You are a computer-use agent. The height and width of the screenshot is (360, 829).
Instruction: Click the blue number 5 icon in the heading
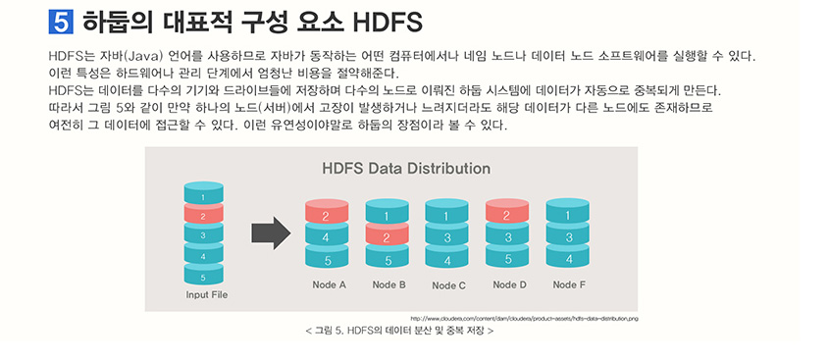click(x=61, y=21)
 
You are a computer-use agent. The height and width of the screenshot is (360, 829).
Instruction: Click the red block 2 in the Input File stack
click(x=203, y=215)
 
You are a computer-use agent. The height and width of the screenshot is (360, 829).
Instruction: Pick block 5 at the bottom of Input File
click(x=203, y=277)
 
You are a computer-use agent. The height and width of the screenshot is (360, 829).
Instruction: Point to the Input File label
click(x=206, y=295)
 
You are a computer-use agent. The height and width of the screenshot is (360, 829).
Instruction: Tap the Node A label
click(x=328, y=285)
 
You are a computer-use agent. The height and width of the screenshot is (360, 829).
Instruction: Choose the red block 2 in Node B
click(x=387, y=237)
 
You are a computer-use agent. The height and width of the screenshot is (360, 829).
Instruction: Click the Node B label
click(x=389, y=285)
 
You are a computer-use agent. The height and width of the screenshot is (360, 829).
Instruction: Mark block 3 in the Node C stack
click(x=447, y=237)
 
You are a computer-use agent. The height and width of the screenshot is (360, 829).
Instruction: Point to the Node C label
click(x=448, y=285)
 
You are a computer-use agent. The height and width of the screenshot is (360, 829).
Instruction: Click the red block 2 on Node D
click(x=507, y=216)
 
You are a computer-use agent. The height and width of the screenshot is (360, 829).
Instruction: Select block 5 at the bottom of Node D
click(x=507, y=260)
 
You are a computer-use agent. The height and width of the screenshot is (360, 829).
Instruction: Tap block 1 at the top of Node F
click(x=567, y=216)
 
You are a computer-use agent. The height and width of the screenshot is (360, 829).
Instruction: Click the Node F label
click(x=569, y=285)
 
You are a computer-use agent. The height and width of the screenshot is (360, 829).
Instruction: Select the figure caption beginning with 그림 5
click(x=399, y=331)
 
